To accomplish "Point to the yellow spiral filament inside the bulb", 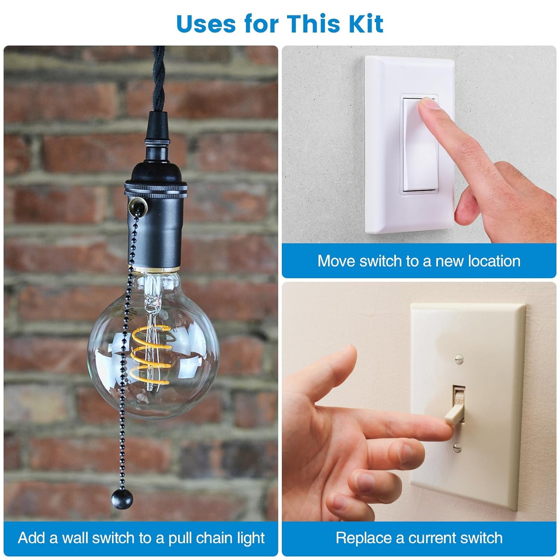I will (x=151, y=351).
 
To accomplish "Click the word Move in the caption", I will (x=336, y=261).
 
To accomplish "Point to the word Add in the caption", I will (x=31, y=538).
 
